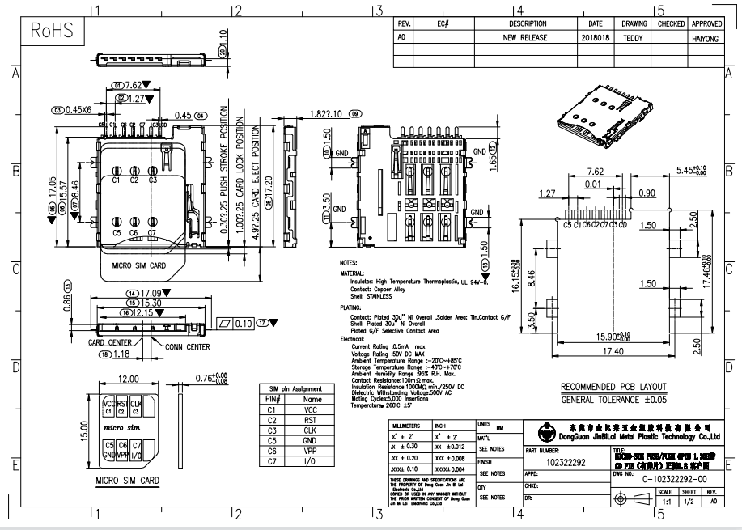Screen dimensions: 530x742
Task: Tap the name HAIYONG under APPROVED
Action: tap(707, 37)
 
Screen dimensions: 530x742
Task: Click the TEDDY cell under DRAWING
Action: tap(633, 37)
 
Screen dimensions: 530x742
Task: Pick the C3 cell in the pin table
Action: tap(273, 430)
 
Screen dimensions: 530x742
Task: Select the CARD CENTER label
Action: tap(110, 342)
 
